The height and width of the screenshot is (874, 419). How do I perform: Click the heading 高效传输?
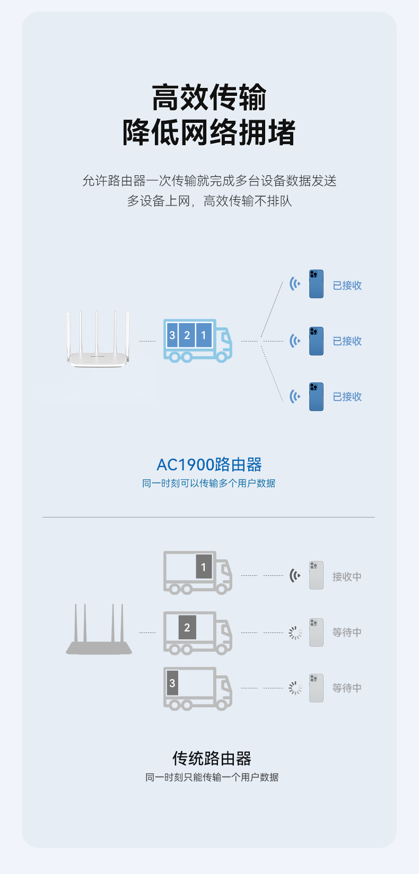tap(209, 97)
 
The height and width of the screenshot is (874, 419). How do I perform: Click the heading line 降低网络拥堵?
tap(209, 132)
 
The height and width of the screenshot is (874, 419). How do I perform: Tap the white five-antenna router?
tap(98, 342)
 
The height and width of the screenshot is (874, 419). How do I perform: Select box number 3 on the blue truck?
tap(172, 335)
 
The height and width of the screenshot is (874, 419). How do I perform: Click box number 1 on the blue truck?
tap(203, 335)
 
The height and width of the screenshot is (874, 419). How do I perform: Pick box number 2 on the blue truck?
tap(187, 335)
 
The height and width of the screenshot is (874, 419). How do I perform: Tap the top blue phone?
tap(316, 284)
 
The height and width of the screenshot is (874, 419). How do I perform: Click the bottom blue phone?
tap(316, 397)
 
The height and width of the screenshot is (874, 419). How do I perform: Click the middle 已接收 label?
tap(347, 341)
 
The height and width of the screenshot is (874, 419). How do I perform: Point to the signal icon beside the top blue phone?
tap(295, 284)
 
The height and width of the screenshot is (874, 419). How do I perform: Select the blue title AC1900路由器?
tap(209, 465)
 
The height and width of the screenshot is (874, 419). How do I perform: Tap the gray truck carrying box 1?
tap(197, 572)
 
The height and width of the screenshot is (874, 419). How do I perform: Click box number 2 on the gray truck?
tap(187, 628)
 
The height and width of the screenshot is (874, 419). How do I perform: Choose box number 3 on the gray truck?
tap(172, 683)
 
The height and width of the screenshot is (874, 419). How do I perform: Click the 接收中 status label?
tap(347, 577)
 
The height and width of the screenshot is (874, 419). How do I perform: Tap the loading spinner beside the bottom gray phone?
tap(295, 688)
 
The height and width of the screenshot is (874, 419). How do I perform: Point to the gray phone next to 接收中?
tap(316, 575)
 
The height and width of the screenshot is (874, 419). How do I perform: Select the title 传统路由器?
tap(212, 759)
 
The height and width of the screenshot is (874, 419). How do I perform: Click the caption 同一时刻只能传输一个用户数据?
tap(212, 778)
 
